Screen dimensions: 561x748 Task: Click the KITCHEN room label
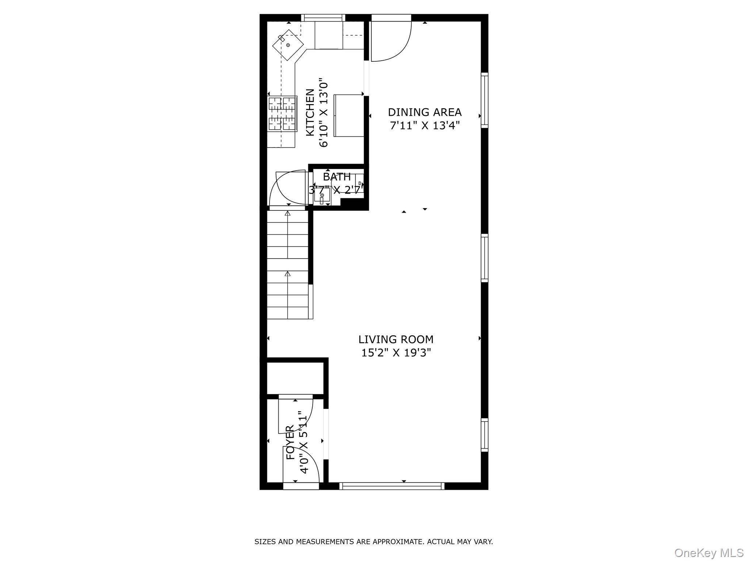(x=310, y=112)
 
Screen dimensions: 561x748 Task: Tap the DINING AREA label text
(x=424, y=112)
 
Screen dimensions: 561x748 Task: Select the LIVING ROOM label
(x=396, y=339)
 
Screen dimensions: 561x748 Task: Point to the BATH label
(x=336, y=177)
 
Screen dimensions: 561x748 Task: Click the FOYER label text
(x=290, y=442)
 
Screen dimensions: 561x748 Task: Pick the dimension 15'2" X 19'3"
(x=396, y=353)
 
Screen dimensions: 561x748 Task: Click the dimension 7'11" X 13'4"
(x=424, y=126)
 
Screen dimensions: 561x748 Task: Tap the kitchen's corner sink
(x=288, y=45)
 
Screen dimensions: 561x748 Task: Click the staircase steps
(x=288, y=265)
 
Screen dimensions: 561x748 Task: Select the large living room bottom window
(x=392, y=486)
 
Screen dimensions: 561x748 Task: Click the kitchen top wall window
(x=323, y=18)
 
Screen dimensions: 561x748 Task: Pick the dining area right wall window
(x=484, y=99)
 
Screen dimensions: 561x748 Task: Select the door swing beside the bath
(x=289, y=188)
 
